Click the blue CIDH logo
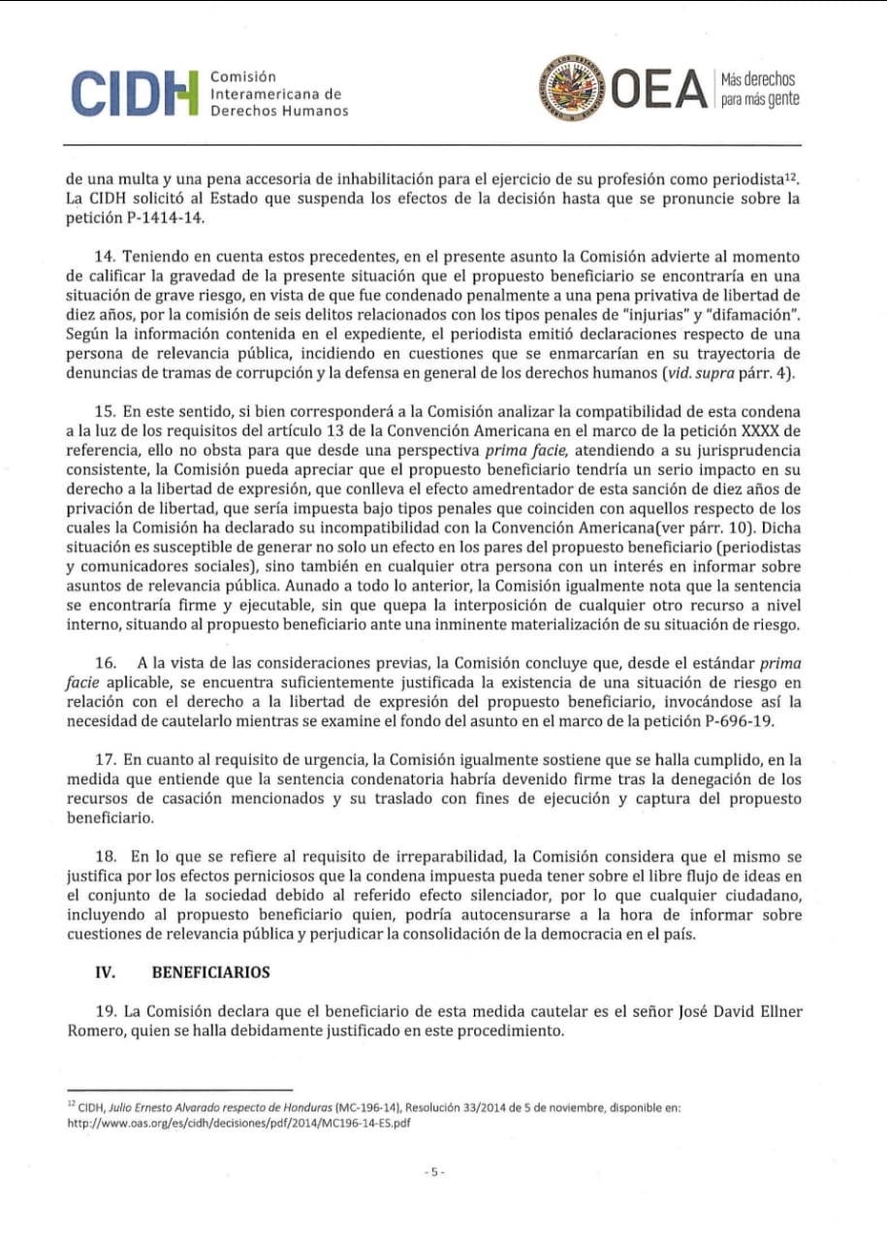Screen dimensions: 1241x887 [132, 93]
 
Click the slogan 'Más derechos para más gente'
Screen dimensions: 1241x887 [759, 90]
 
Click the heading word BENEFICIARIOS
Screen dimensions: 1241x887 [211, 972]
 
